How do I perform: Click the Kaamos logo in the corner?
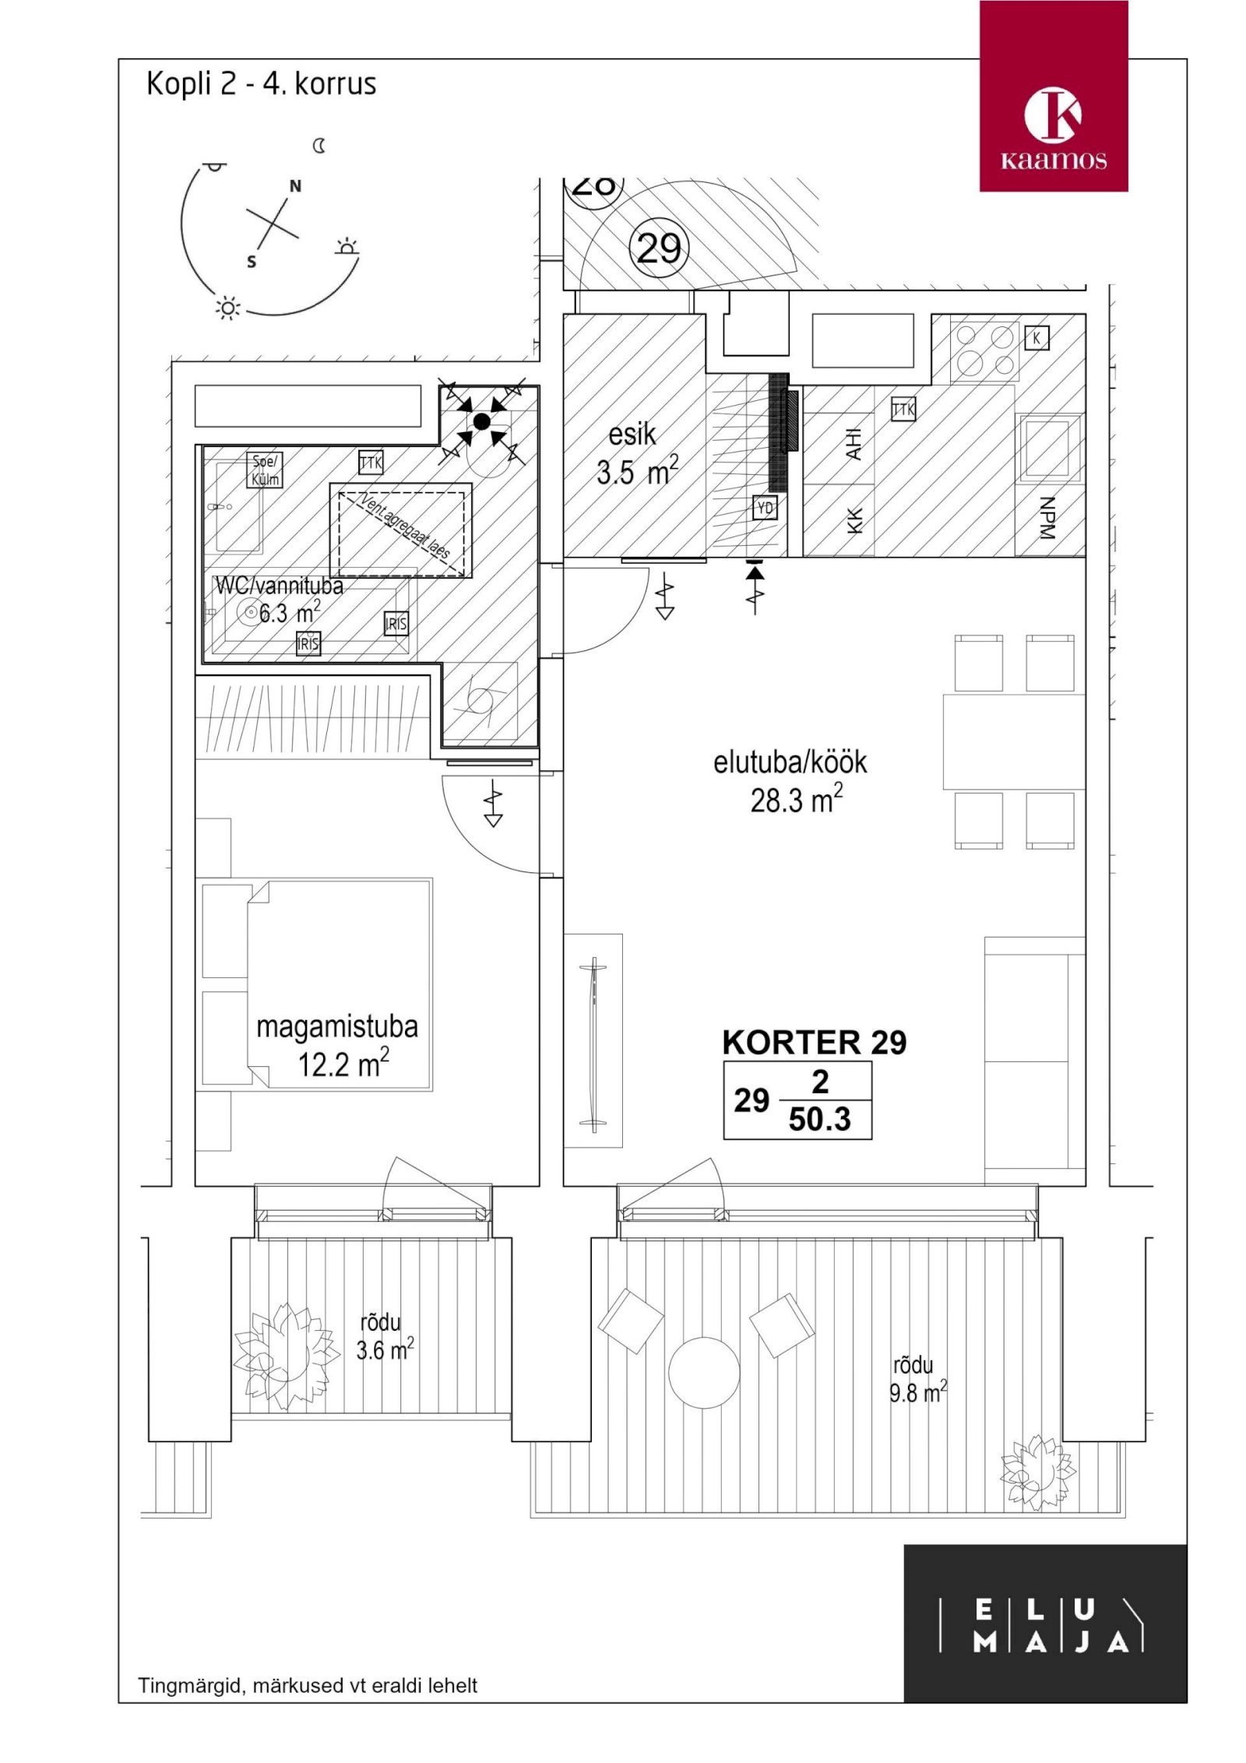coord(1053,96)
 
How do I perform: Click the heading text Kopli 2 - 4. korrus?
coord(261,84)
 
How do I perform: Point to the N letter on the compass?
coord(295,186)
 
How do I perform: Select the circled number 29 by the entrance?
coord(658,249)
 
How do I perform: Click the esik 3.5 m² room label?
coord(635,454)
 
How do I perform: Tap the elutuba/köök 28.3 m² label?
coord(790,780)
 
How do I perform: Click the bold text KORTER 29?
coord(814,1043)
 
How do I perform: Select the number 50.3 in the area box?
coord(819,1120)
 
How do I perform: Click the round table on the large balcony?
coord(704,1372)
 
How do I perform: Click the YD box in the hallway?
coord(765,508)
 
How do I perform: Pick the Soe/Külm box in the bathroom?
coord(265,470)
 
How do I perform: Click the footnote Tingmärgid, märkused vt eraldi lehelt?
coord(308,1686)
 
